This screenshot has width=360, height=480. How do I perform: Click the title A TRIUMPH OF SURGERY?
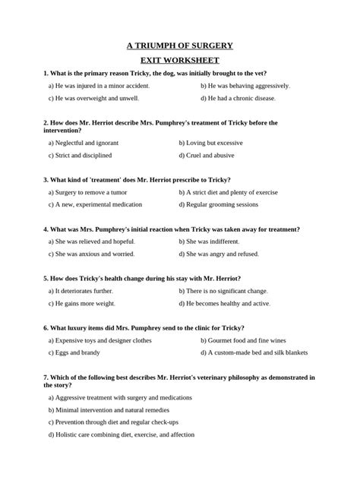click(x=179, y=46)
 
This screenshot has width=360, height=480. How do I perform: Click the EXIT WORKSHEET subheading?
click(x=179, y=59)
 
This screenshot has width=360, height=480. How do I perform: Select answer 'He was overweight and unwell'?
click(x=93, y=98)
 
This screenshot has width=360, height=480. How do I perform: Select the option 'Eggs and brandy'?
click(x=75, y=352)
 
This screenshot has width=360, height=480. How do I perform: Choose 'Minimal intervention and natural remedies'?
click(x=111, y=409)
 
